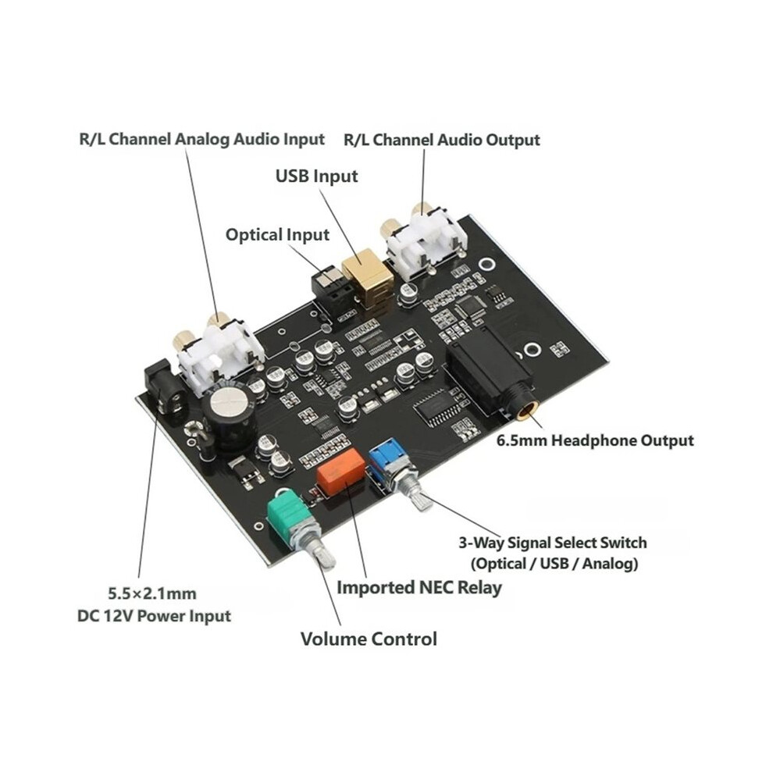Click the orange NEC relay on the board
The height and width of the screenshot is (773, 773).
point(341,472)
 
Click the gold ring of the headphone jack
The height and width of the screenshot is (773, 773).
point(527,410)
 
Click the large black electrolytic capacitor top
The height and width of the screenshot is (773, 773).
point(228,404)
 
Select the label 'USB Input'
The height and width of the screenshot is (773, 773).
point(316,176)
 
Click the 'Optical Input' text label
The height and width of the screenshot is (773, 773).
point(277,235)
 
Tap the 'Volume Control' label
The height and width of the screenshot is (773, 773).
point(369,639)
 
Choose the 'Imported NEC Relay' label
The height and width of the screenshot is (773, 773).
point(419,588)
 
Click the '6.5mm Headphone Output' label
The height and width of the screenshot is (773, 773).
point(595,440)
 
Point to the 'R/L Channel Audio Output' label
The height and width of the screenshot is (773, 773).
point(442,140)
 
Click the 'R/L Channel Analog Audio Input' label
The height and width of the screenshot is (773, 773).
point(201,139)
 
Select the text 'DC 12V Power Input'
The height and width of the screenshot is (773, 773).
point(155,616)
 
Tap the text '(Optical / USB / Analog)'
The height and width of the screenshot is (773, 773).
point(554,563)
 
